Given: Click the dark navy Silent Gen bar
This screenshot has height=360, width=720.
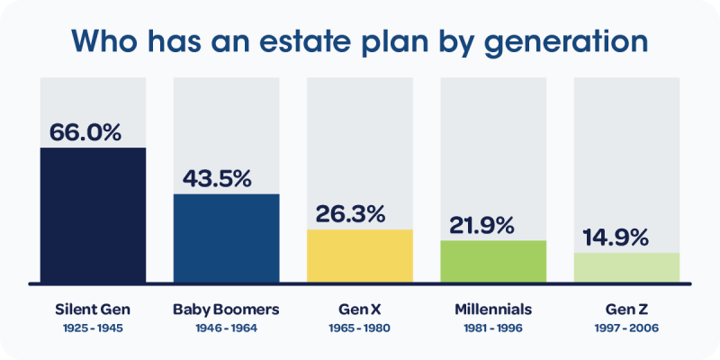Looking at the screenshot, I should click(x=93, y=214).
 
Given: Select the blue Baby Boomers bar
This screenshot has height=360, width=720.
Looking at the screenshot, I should click(x=226, y=238).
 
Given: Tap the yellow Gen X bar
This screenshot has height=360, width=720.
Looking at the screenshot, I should click(x=359, y=256).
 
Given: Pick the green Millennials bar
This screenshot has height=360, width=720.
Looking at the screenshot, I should click(x=492, y=261).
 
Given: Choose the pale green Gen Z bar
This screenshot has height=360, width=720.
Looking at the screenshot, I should click(x=626, y=267).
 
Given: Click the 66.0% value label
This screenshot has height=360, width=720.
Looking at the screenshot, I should click(x=85, y=131).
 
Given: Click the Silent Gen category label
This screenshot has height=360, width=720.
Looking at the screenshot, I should click(x=93, y=310).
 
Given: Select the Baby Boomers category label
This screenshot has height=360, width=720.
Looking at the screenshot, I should click(x=226, y=310).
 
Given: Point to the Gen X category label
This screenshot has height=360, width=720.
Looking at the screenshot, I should click(x=359, y=310).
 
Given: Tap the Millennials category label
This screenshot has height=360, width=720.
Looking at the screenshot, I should click(x=492, y=310).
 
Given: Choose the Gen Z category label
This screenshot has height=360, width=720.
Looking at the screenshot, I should click(x=626, y=310).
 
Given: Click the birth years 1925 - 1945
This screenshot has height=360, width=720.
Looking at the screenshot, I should click(x=93, y=328).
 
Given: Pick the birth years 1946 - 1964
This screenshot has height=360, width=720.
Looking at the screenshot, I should click(x=226, y=328).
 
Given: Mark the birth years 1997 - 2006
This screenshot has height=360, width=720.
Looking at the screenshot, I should click(x=626, y=328).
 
